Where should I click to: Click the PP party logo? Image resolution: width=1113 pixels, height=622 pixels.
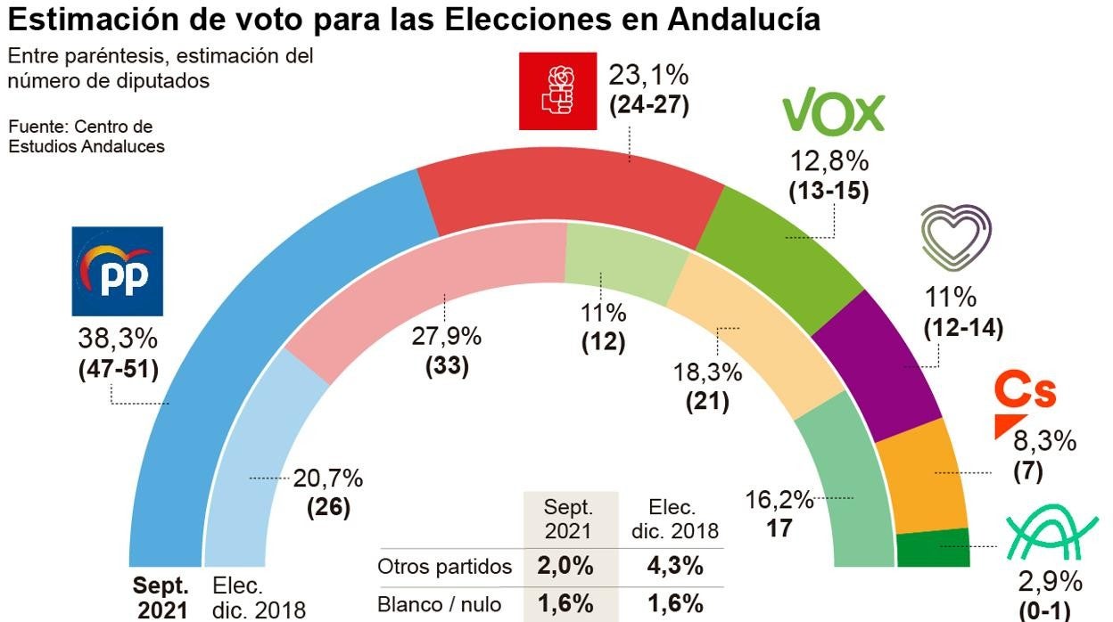117,271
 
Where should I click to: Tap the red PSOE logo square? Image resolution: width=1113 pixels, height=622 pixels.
558,90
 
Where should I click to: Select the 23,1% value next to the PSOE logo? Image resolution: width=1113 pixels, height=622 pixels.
648,73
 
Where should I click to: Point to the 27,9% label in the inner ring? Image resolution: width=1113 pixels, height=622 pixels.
446,338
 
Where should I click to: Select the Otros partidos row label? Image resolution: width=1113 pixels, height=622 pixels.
445,567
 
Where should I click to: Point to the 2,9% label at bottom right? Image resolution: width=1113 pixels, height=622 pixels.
1051,582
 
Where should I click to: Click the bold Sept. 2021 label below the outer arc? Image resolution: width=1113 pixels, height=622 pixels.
161,598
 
